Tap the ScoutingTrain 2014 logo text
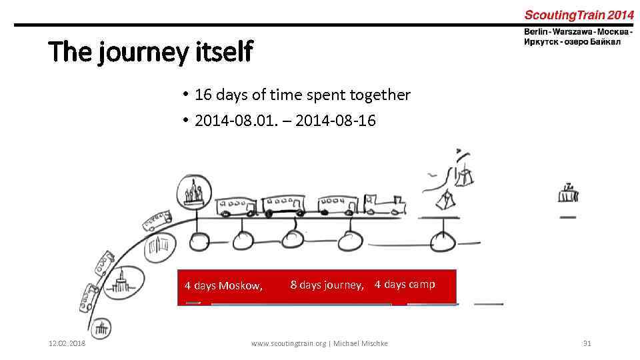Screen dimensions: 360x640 (x=579, y=14)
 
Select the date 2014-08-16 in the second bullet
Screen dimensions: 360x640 (x=335, y=121)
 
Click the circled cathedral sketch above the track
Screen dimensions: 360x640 (x=194, y=193)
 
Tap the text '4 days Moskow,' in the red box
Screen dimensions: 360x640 (x=223, y=286)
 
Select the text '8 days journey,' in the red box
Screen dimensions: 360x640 (x=327, y=285)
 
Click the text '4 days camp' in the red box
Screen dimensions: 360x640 (x=405, y=285)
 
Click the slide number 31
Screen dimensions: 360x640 (x=587, y=343)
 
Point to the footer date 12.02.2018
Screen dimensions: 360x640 (x=67, y=343)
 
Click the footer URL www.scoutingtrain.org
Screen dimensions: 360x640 (x=288, y=343)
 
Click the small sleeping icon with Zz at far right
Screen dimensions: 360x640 (x=568, y=194)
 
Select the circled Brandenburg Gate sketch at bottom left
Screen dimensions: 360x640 (x=101, y=328)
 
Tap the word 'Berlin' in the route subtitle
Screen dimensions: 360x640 (x=536, y=31)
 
